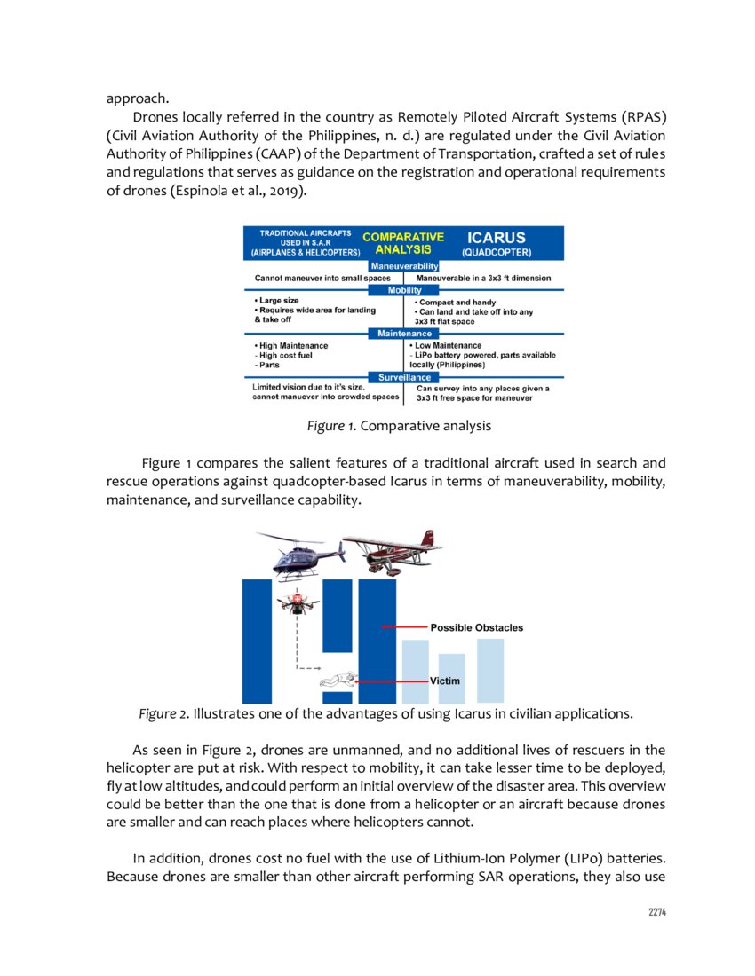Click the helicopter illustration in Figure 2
click(299, 555)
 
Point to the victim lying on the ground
click(340, 681)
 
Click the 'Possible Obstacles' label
click(477, 627)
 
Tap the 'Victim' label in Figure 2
click(445, 681)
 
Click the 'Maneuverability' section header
click(404, 265)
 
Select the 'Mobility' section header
click(404, 290)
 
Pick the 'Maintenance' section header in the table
click(404, 334)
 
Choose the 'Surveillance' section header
click(404, 377)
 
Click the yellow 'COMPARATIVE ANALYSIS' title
click(403, 243)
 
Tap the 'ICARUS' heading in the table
click(497, 238)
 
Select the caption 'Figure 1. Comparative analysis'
click(399, 426)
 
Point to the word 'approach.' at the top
click(138, 98)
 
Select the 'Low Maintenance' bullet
click(447, 345)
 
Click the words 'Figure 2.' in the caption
click(163, 712)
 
